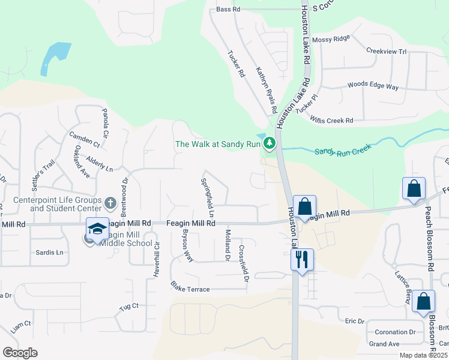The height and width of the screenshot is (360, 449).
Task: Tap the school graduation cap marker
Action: pos(97,229)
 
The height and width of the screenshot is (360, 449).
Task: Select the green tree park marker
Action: pos(270,143)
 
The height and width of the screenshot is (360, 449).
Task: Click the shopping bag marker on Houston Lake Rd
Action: pos(304,206)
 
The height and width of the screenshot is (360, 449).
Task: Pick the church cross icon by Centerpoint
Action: pos(110,202)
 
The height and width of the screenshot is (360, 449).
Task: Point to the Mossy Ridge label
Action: pos(331,39)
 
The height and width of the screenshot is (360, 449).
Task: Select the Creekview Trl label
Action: pos(386,52)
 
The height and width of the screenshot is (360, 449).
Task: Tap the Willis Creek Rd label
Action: pos(331,120)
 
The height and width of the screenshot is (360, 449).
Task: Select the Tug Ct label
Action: pos(129,306)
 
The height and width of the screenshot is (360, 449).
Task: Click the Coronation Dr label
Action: pos(395,332)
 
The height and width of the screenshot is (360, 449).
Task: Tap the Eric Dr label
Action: pos(355,322)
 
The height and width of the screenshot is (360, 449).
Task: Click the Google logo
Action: pos(20,353)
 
